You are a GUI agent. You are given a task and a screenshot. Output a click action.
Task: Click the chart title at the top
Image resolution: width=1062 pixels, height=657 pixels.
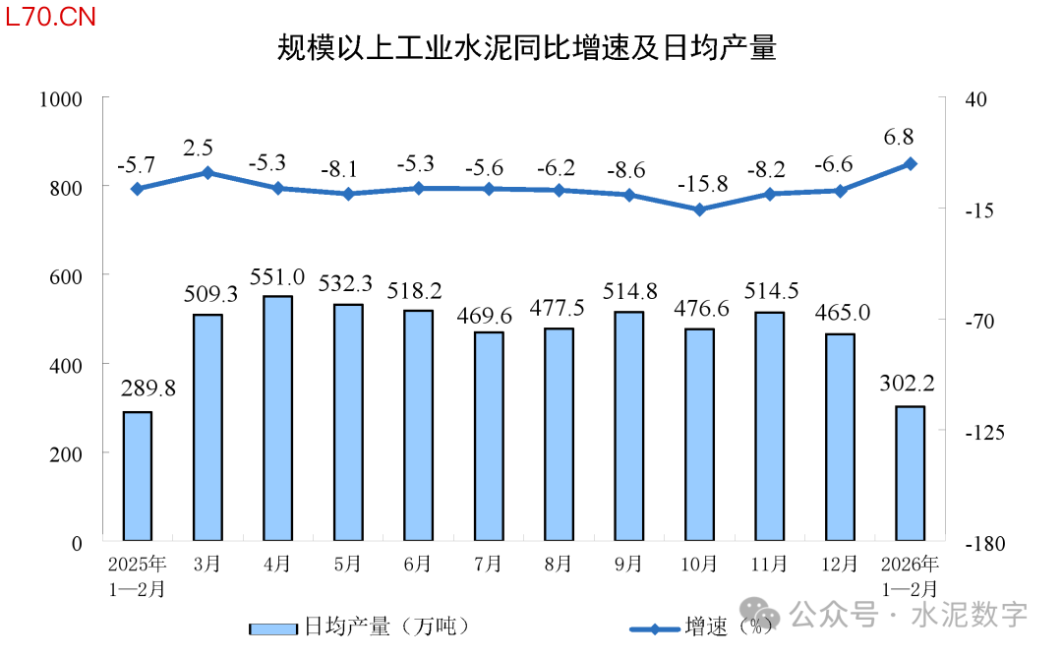[x=526, y=48]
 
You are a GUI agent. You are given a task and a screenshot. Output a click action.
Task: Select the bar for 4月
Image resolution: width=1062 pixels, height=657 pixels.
[x=278, y=418]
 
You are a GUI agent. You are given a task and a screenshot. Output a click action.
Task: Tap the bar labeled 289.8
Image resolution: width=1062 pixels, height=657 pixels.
[x=138, y=476]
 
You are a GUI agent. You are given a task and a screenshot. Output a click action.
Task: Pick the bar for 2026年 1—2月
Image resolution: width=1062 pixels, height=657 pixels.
[x=911, y=473]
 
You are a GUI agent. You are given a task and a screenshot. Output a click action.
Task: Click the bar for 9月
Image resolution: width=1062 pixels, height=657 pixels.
[x=629, y=426]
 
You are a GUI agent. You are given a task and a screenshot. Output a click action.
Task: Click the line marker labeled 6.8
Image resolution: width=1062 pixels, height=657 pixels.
[x=911, y=163]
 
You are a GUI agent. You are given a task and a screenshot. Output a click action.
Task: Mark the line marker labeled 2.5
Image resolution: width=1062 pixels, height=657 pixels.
[x=207, y=173]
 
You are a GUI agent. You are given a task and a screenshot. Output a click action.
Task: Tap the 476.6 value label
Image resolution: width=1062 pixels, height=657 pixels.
[x=700, y=309]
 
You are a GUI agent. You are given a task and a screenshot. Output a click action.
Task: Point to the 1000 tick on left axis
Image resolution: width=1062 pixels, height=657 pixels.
[x=61, y=98]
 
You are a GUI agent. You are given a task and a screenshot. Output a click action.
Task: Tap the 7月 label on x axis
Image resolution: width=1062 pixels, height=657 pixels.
[x=488, y=565]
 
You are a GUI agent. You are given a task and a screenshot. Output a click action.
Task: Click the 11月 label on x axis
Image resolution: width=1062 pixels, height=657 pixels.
[x=770, y=565]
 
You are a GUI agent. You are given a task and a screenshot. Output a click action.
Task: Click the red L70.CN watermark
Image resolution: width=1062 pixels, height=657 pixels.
[x=50, y=19]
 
